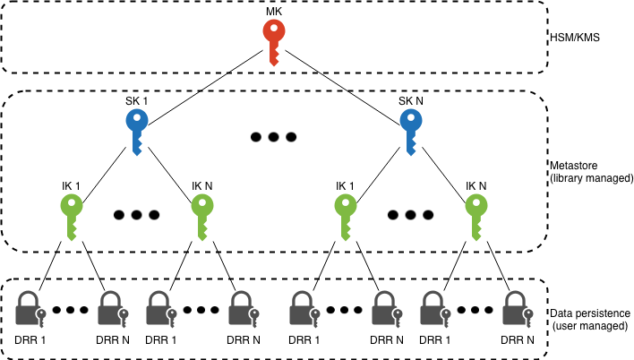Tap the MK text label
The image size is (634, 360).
[x=274, y=9]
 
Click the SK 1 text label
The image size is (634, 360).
[x=136, y=100]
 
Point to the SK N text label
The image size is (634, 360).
[x=410, y=100]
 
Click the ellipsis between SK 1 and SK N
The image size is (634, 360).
[x=272, y=138]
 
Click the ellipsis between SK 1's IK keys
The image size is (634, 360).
[x=137, y=216]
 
